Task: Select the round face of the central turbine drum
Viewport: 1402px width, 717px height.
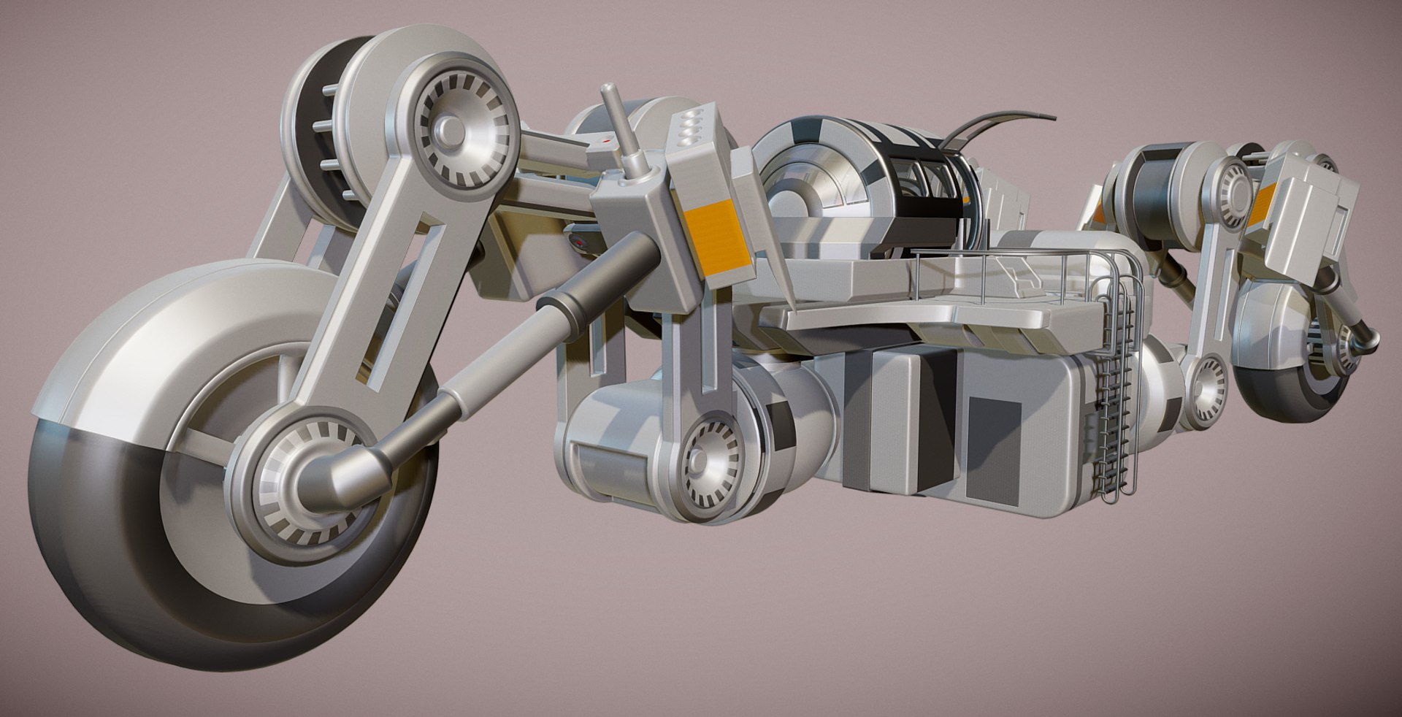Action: pyautogui.click(x=803, y=183)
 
